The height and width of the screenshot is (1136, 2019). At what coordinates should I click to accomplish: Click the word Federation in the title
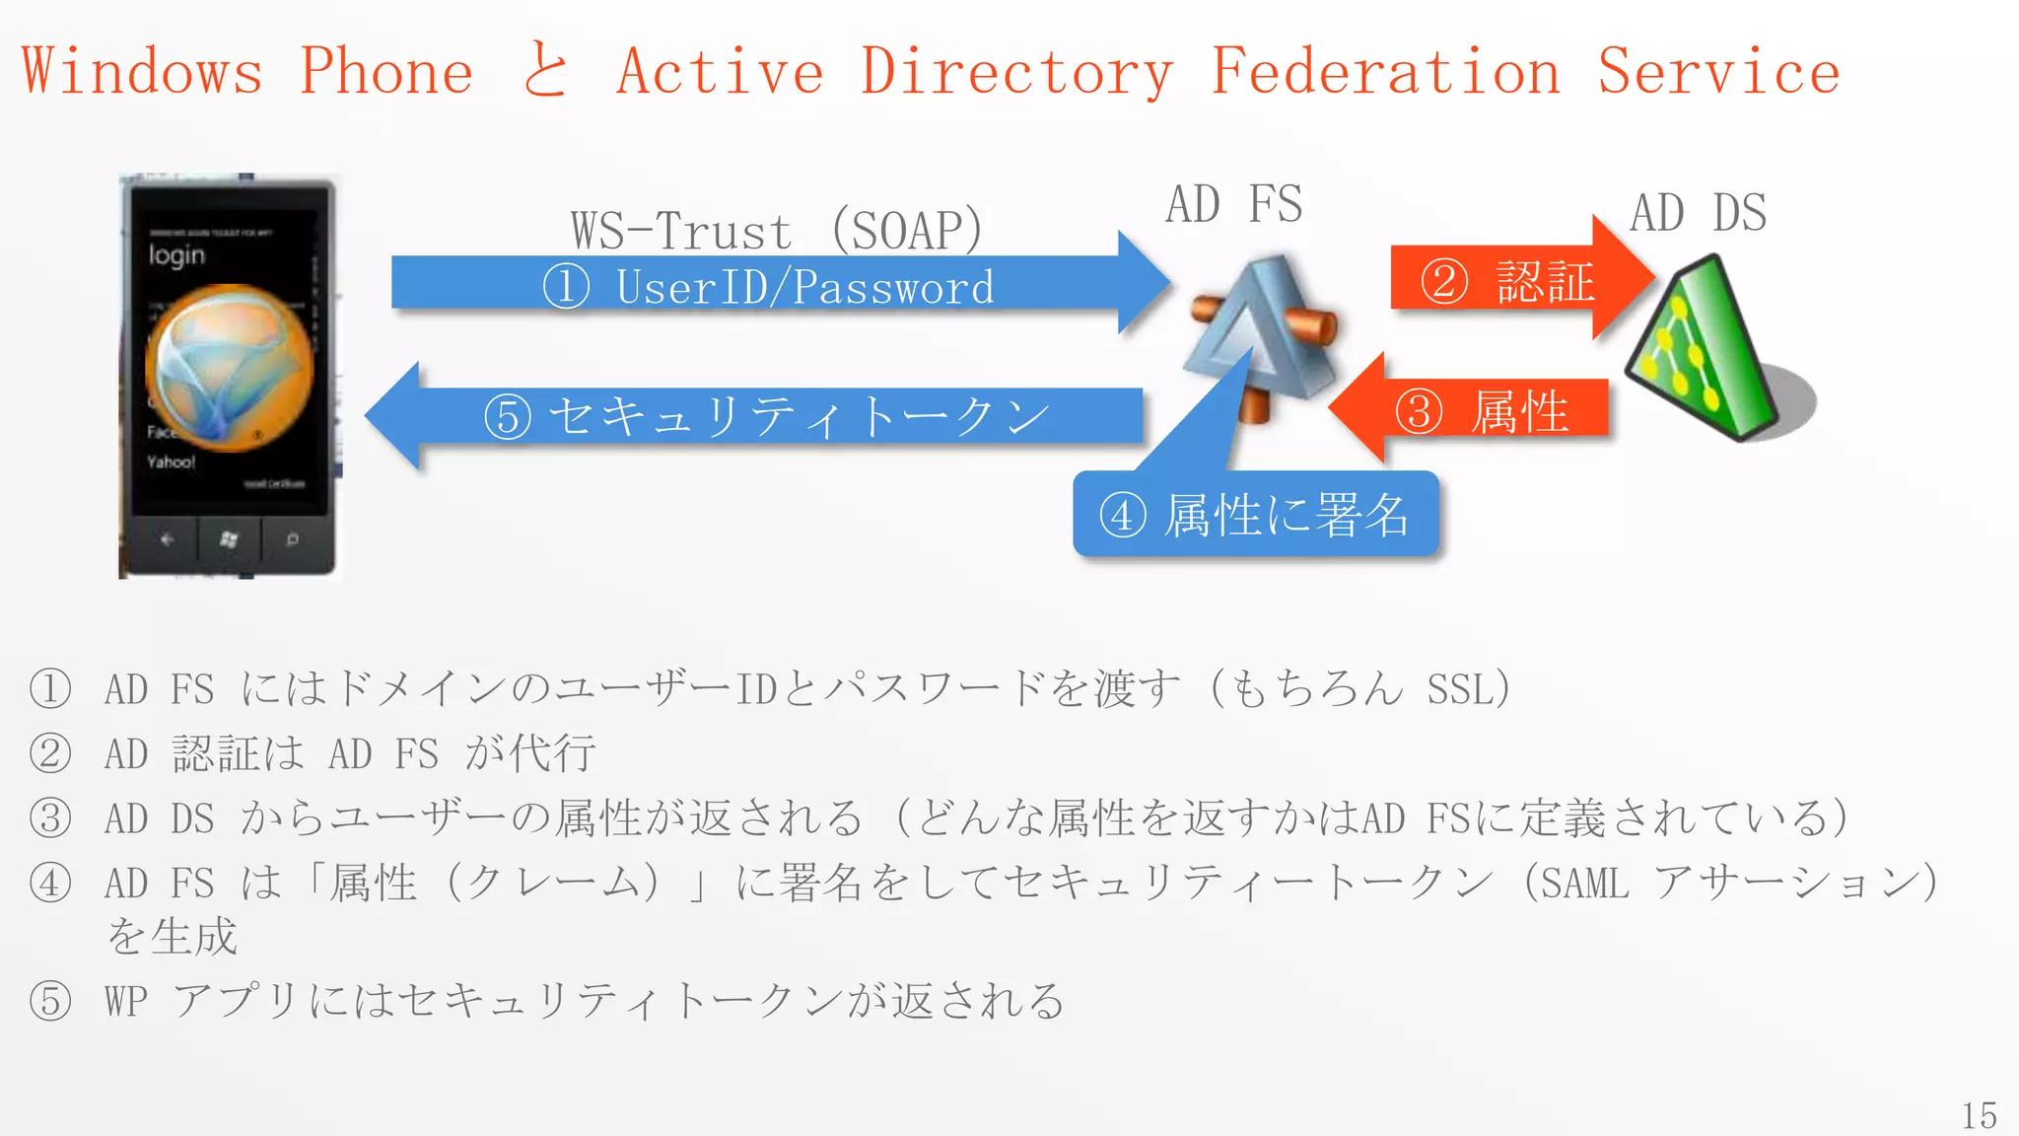[1385, 72]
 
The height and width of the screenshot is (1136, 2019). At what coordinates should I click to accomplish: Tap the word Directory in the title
[1016, 72]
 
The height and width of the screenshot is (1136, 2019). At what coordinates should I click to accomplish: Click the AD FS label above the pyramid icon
[1233, 205]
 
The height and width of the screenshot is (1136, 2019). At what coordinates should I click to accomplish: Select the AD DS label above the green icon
[1698, 213]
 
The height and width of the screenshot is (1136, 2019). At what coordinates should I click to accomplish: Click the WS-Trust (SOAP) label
[777, 231]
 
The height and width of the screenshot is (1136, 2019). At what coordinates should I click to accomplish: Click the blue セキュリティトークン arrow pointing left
[759, 416]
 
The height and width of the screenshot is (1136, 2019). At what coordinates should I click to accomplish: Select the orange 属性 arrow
[1479, 410]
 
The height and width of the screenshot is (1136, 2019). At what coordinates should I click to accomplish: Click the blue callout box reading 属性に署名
[1255, 515]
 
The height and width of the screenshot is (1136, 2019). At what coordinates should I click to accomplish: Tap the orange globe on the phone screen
[229, 367]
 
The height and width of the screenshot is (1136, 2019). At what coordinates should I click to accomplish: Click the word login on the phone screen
[176, 255]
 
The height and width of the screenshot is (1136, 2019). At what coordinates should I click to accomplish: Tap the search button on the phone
[292, 539]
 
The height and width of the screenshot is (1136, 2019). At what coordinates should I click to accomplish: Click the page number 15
[1978, 1115]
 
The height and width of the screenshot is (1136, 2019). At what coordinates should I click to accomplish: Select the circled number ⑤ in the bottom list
[50, 1001]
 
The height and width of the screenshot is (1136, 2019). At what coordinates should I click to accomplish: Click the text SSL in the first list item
[1454, 689]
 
